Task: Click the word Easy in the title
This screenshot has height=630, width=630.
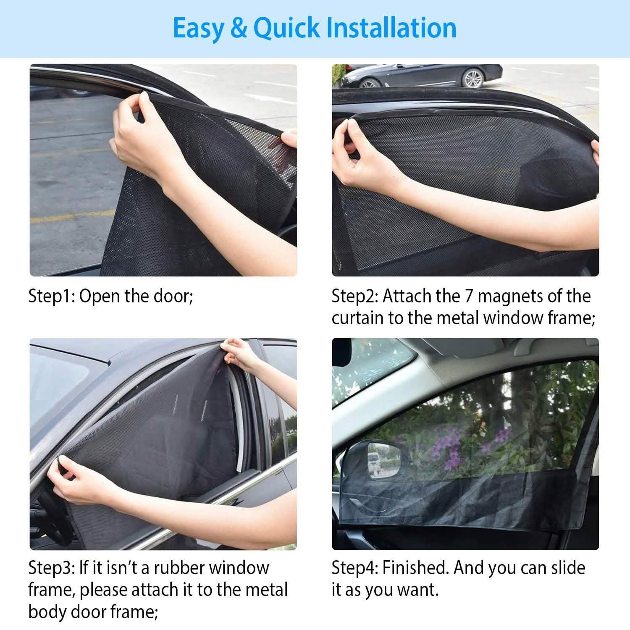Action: (x=198, y=29)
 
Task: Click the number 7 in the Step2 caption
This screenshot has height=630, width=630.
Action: (x=469, y=297)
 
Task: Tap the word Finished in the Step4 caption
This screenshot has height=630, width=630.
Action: (x=416, y=568)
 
